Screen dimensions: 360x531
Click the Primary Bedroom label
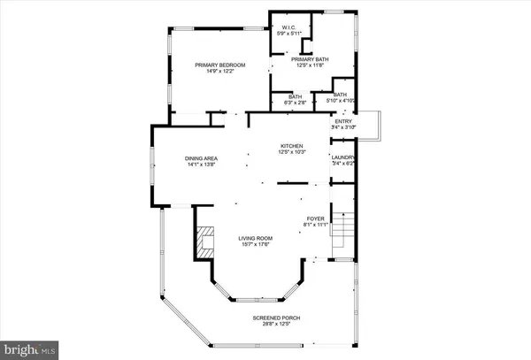(219, 65)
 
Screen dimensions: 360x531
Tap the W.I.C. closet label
(288, 27)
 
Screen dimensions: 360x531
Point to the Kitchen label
(292, 145)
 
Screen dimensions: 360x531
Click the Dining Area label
(201, 158)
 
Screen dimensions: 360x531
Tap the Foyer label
(316, 218)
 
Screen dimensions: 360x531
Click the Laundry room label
(342, 157)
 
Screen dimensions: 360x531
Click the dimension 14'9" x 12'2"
(219, 72)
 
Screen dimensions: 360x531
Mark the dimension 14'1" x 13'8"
(201, 165)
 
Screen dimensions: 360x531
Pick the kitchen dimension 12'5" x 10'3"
(292, 151)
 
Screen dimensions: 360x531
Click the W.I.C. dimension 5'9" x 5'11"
(288, 34)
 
